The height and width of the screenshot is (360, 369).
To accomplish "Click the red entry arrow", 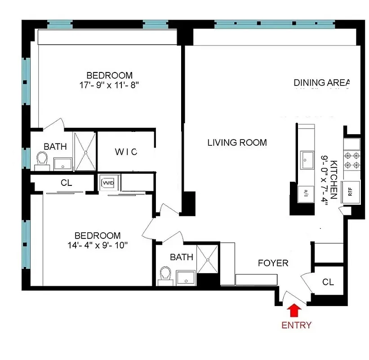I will tap(294, 310).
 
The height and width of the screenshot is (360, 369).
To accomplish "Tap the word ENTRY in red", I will tap(296, 325).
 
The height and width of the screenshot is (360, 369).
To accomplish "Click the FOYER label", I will tap(273, 263).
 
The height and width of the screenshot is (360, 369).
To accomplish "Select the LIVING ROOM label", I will tap(237, 143).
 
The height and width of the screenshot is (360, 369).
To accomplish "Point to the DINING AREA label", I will tap(321, 82).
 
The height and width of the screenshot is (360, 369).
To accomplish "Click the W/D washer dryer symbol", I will tap(108, 183).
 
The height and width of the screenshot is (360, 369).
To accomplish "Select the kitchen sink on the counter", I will tap(307, 159).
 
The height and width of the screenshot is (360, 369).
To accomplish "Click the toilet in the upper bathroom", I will tap(42, 159).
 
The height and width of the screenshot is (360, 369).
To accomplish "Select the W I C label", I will tap(126, 152).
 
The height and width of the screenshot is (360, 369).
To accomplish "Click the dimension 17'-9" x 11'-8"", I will tap(110, 85).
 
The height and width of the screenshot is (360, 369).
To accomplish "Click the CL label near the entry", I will tap(328, 282).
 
